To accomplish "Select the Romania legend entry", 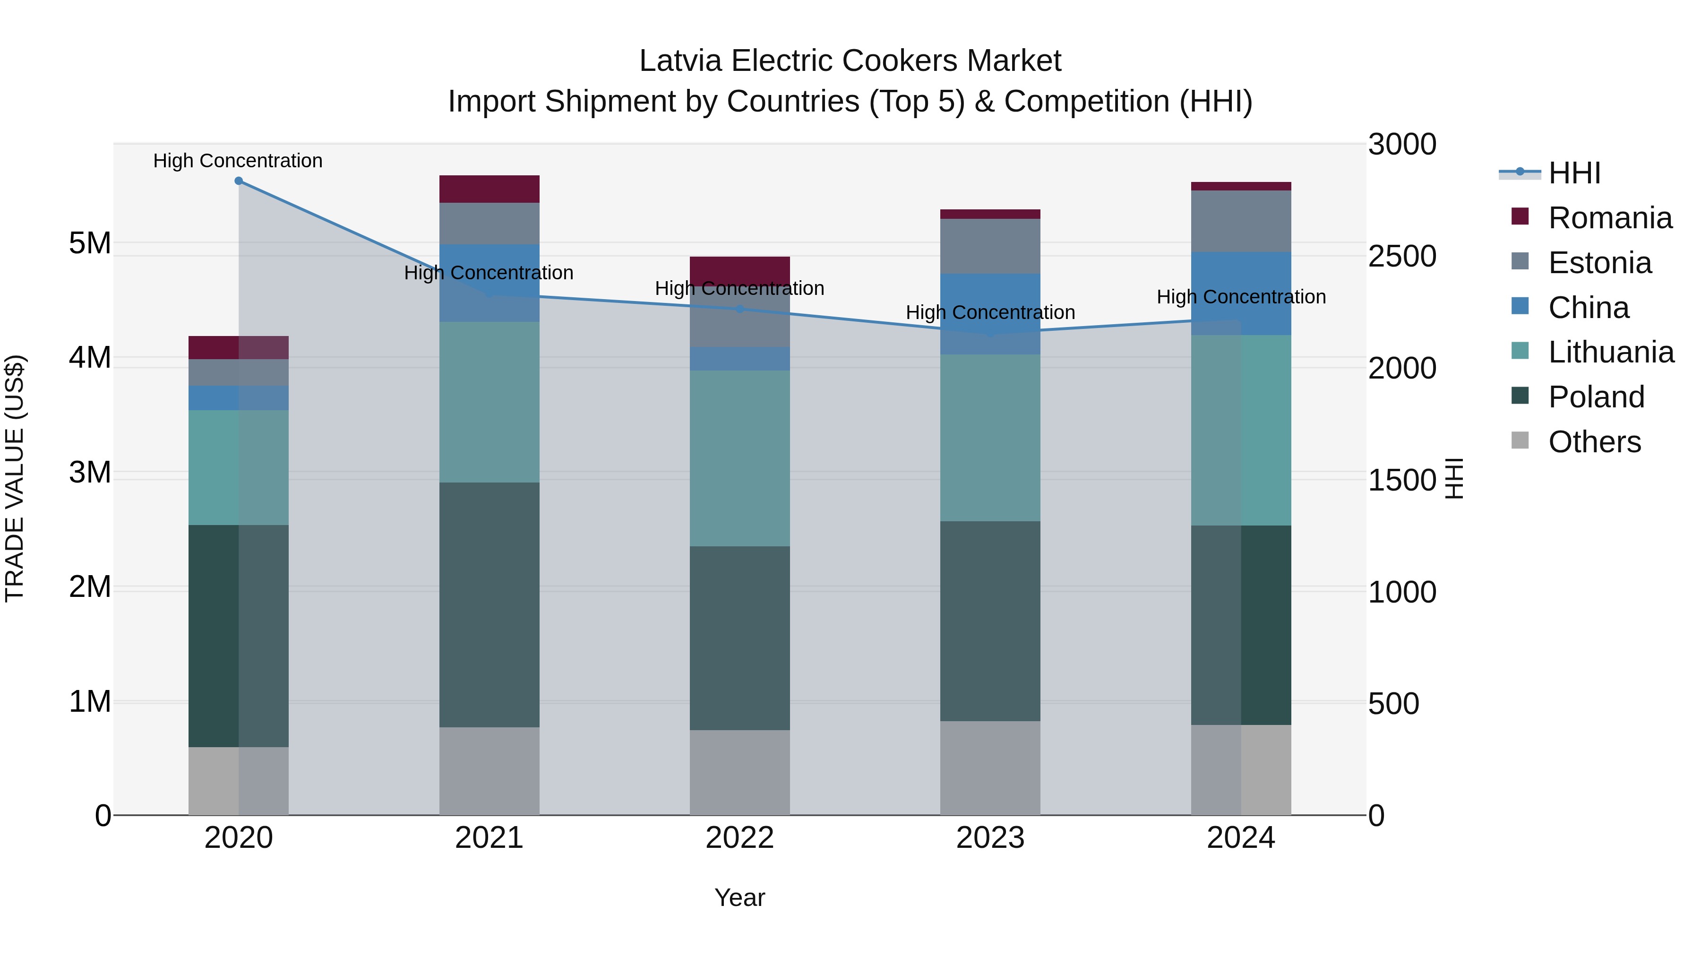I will [x=1609, y=218].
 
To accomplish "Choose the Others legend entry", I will [x=1594, y=442].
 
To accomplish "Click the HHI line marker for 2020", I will [x=239, y=181].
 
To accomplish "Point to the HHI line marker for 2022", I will [x=739, y=309].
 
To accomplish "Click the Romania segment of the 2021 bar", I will [x=490, y=189].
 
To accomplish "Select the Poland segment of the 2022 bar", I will [x=739, y=638].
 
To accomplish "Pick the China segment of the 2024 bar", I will [x=1241, y=293].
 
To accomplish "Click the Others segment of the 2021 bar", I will [x=490, y=771].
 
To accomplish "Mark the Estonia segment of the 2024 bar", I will [x=1241, y=221].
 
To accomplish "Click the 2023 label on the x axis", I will [x=990, y=838].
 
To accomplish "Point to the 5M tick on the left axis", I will [x=90, y=243].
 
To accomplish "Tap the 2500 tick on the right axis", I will [x=1402, y=256].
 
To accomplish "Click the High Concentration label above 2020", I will [x=238, y=161].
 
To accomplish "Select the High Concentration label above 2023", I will [x=990, y=312].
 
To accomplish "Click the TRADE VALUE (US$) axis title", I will [x=15, y=478].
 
